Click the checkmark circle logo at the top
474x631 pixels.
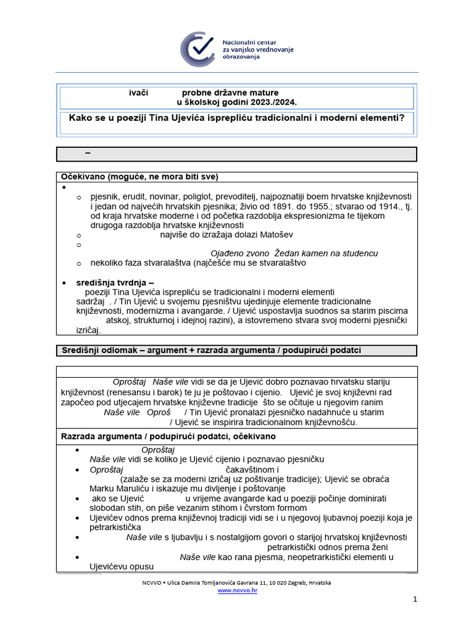(198, 49)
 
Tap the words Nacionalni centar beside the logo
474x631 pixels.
(249, 39)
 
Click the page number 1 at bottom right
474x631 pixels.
(415, 599)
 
